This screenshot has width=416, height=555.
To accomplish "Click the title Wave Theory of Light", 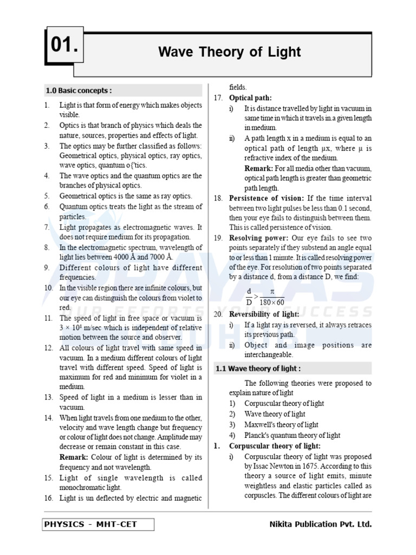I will [x=229, y=52].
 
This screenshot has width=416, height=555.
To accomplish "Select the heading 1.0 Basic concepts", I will [x=79, y=91].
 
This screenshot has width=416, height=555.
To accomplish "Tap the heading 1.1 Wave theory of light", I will [x=258, y=369].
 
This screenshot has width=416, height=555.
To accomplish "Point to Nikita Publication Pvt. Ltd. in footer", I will [x=320, y=524].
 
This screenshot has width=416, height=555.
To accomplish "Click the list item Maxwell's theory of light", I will [x=281, y=425].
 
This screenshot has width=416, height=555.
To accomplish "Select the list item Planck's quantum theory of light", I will [x=292, y=435].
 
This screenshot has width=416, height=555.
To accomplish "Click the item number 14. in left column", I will [x=48, y=418].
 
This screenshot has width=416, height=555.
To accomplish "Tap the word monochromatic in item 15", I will [x=81, y=487].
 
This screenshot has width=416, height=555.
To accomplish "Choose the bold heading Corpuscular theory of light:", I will [x=275, y=446].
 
